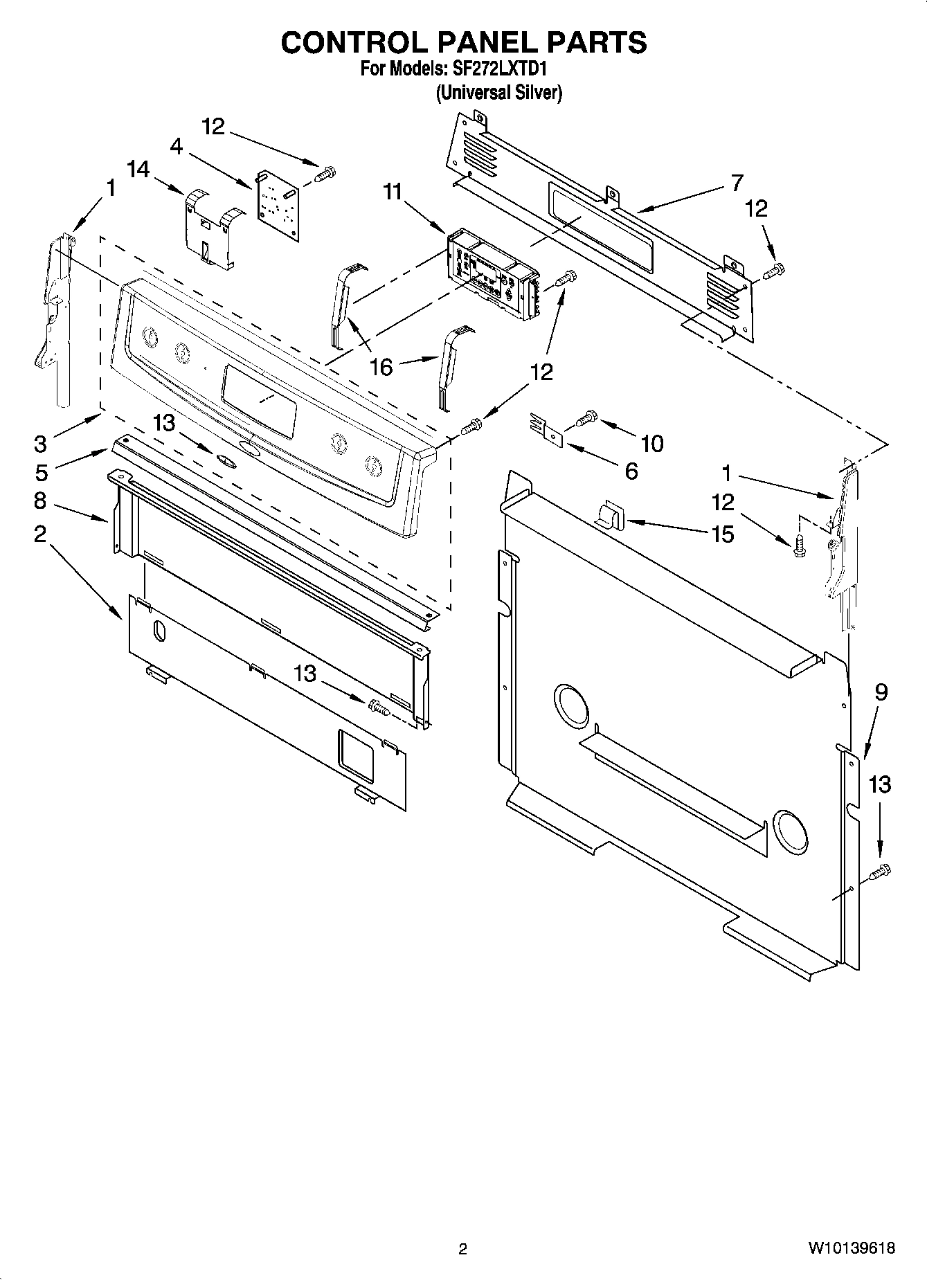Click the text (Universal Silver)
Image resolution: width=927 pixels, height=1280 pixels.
click(498, 93)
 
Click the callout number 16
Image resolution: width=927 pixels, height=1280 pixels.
click(381, 367)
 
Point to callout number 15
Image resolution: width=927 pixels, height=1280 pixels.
click(722, 534)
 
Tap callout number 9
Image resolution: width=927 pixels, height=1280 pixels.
click(880, 692)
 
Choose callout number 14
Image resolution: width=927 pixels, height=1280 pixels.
click(138, 169)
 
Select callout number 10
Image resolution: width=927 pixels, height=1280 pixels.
click(652, 443)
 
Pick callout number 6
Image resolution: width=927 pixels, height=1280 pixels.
click(631, 471)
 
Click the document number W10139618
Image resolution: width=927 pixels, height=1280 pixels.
click(850, 1248)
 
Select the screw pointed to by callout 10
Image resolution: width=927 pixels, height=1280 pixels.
click(586, 417)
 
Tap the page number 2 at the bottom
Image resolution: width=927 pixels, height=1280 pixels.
click(463, 1248)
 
